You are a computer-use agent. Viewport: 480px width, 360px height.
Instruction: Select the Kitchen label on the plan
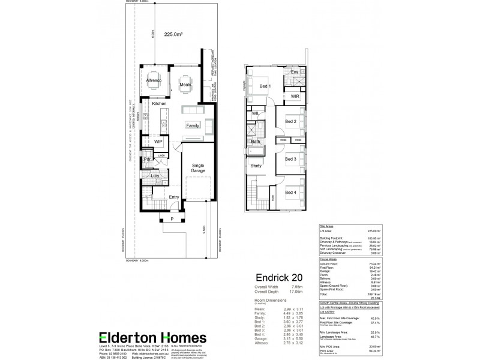[x=159, y=104]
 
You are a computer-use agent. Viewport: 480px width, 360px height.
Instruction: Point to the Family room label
[x=193, y=125]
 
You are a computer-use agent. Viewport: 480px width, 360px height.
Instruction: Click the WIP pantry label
[x=158, y=142]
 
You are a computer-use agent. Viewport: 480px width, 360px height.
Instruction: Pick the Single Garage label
[x=198, y=169]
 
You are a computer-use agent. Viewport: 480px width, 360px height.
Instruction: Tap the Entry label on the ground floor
[x=174, y=197]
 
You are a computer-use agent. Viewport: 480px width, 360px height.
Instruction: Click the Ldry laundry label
[x=155, y=176]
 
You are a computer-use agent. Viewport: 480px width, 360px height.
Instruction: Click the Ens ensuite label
[x=295, y=73]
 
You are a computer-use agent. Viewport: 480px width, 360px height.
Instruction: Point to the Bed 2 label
[x=290, y=122]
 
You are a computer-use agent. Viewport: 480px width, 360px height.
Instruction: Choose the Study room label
[x=256, y=166]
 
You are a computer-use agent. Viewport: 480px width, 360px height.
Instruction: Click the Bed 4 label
[x=290, y=193]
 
